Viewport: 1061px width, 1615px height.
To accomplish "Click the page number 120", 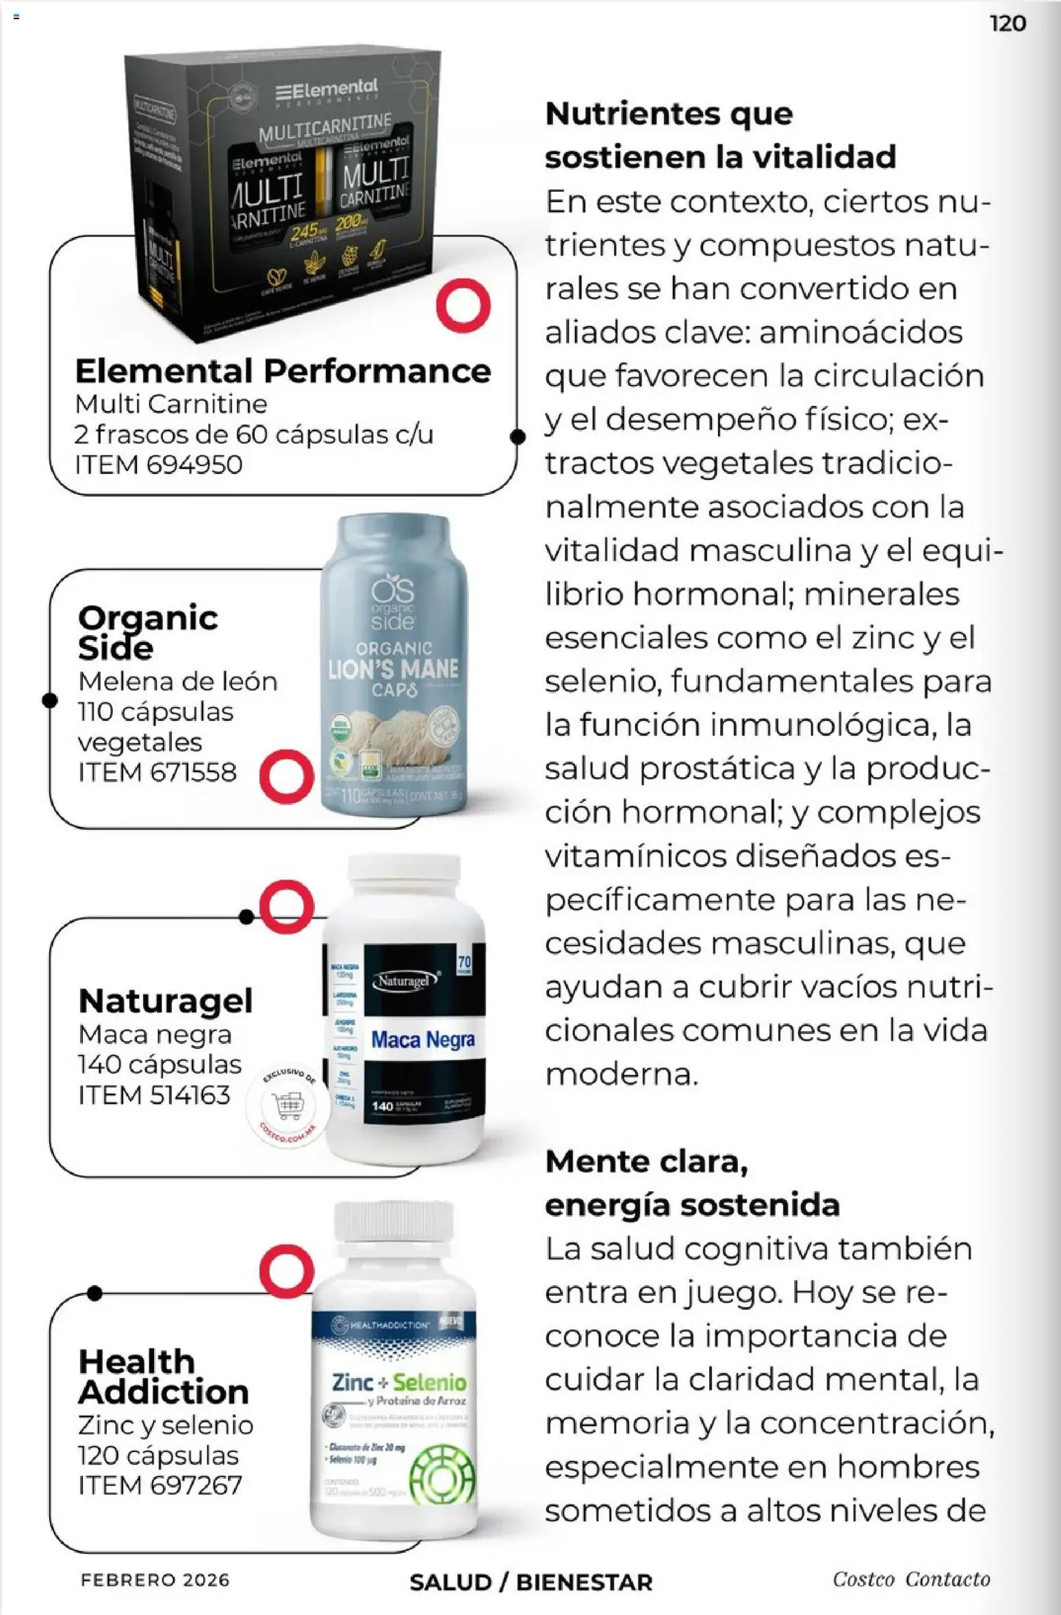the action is [1008, 24].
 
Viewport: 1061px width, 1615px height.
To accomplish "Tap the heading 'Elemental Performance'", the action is [283, 372].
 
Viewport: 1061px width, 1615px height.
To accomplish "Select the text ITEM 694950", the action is [159, 465].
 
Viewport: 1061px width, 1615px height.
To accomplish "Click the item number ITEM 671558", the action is [157, 772].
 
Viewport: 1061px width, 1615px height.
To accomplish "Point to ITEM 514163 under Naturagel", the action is [154, 1095].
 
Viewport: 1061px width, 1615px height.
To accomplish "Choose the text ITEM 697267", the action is [160, 1485].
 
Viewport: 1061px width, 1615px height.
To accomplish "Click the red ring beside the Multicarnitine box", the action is [463, 305].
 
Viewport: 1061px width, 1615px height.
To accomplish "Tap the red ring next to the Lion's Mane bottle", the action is [286, 776].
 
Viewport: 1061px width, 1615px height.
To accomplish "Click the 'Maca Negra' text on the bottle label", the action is [422, 1040].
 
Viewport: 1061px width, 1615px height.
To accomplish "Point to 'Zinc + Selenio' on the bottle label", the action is [398, 1382].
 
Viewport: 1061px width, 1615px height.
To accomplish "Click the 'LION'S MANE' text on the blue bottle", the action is [393, 670].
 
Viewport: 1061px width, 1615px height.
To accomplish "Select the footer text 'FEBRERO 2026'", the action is [155, 1580].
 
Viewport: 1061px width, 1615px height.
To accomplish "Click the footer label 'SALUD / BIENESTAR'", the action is [530, 1582].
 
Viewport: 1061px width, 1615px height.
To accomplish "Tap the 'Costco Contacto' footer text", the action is [911, 1579].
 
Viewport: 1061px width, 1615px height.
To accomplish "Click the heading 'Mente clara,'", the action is [646, 1161].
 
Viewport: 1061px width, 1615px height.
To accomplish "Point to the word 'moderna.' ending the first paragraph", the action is [622, 1074].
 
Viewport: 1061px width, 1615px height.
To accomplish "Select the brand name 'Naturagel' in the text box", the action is [166, 1001].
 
